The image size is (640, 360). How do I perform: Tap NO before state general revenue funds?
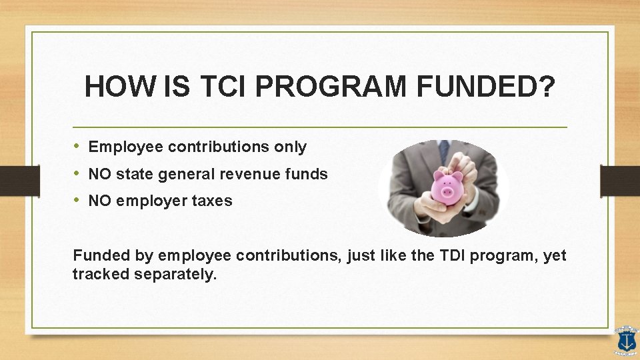(x=99, y=174)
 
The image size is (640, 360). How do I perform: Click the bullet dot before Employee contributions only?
(x=77, y=147)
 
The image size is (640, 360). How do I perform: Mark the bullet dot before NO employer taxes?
(x=77, y=201)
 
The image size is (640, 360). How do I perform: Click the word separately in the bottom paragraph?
(x=176, y=274)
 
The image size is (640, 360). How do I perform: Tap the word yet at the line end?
(x=555, y=255)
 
